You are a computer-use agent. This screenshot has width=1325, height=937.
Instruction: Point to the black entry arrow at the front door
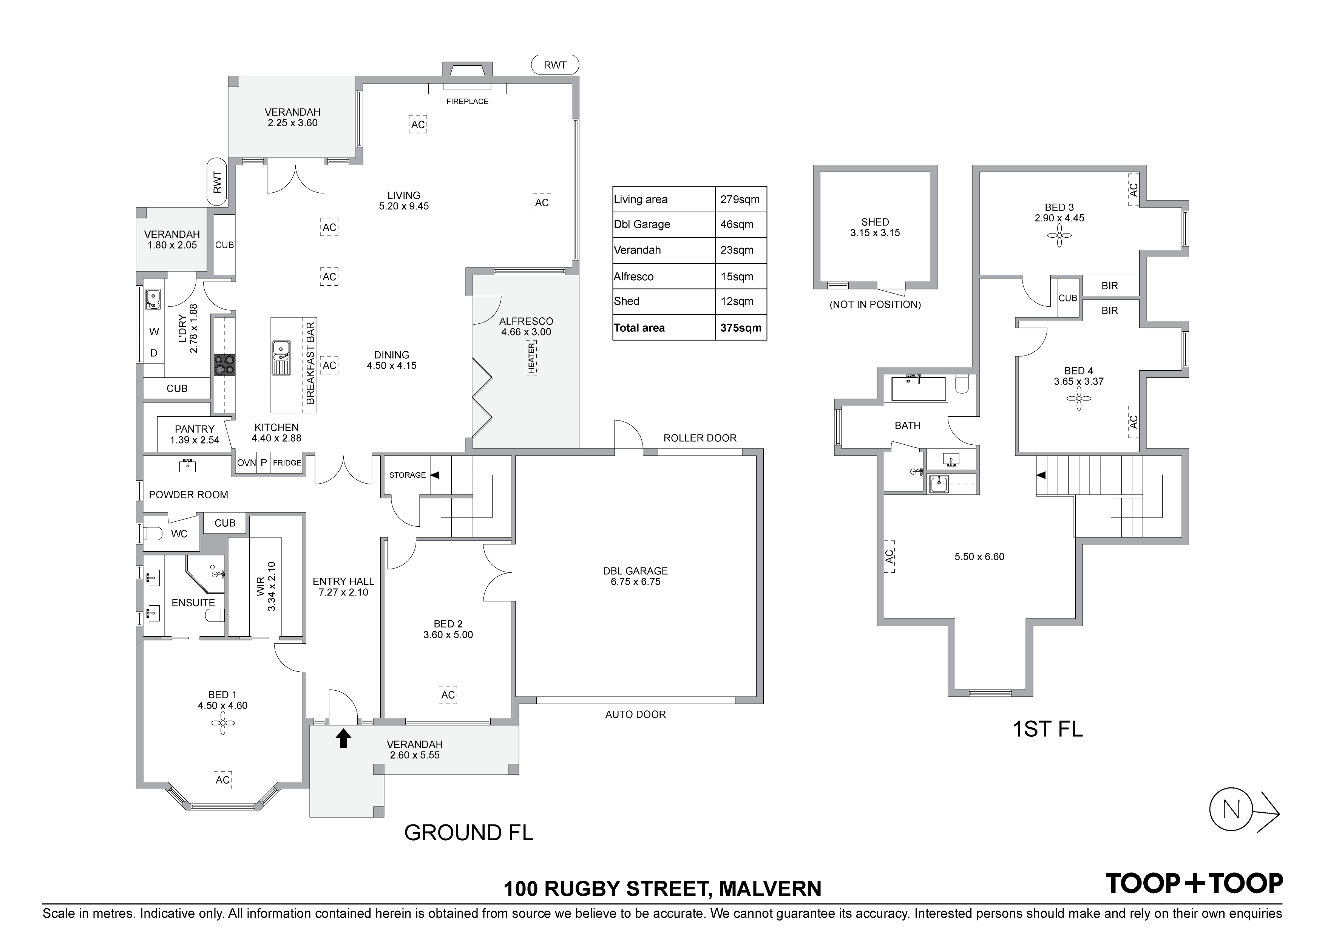343,738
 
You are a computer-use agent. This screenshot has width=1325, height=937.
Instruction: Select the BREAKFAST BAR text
310,363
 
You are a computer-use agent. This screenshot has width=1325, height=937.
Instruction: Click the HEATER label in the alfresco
531,358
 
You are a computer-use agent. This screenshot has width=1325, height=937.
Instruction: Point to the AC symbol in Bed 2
448,695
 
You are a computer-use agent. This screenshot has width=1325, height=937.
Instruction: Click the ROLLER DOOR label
700,438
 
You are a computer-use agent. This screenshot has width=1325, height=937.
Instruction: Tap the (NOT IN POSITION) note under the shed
875,305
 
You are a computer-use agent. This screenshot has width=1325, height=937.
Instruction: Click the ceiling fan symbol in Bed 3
1059,235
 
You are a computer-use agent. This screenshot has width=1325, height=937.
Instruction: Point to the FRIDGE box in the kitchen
287,463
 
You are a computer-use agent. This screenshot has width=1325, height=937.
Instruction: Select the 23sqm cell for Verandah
737,250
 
